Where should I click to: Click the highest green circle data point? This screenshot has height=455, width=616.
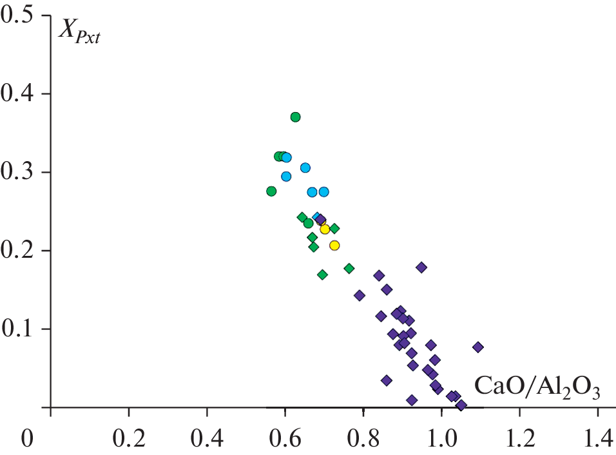(295, 117)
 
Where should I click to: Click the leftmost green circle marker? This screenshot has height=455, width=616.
(271, 191)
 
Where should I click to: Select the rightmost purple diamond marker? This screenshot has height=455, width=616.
(477, 347)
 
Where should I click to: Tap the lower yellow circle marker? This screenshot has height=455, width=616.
(334, 245)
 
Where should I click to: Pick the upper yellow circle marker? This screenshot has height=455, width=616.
(325, 229)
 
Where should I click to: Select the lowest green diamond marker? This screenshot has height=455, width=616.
(323, 275)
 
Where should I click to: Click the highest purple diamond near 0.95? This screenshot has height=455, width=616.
(421, 267)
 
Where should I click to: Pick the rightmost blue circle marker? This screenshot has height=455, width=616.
(323, 191)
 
